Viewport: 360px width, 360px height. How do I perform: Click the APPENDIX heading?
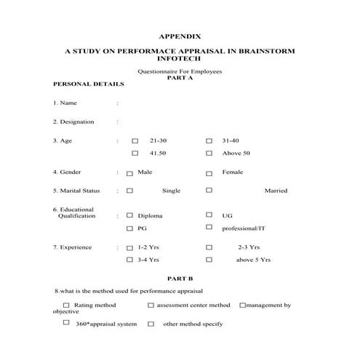(179, 36)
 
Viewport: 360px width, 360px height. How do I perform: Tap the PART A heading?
(180, 77)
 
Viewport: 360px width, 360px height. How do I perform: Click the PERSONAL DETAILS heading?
(89, 84)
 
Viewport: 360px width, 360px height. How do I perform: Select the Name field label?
(68, 103)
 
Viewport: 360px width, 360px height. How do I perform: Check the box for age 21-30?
(135, 140)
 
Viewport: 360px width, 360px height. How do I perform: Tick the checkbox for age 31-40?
(209, 140)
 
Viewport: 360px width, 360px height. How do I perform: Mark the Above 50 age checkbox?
(209, 153)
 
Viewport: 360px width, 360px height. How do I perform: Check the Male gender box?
(129, 173)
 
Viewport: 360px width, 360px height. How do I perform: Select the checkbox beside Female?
(209, 173)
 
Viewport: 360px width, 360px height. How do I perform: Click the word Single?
(171, 191)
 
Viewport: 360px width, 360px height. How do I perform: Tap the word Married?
(276, 191)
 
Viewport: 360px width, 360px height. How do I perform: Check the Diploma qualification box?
(129, 216)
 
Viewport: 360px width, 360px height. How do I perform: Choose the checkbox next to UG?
(209, 216)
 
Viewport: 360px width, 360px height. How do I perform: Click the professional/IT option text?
(244, 228)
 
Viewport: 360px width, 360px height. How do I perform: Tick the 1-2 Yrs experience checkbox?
(129, 248)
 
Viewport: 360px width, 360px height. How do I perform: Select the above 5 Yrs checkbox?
(209, 260)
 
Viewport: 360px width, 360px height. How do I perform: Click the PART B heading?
(180, 279)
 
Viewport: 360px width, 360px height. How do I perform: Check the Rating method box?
(67, 305)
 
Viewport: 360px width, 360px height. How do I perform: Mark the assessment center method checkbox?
(151, 305)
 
